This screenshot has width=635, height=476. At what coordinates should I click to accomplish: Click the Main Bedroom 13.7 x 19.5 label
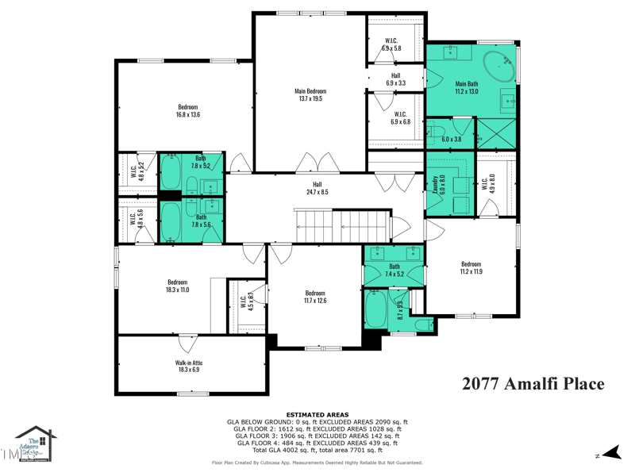pos(311,95)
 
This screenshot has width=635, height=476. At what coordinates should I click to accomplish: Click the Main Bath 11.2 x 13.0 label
pos(467,87)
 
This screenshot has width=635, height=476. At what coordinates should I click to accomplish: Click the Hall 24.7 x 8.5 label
pos(317,188)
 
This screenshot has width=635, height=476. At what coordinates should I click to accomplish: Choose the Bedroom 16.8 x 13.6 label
pos(188,111)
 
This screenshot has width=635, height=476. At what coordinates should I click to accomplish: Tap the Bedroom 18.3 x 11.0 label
pos(177,286)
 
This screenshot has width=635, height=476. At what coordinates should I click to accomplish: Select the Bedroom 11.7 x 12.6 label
pos(315,296)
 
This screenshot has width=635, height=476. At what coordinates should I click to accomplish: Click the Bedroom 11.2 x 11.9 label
pos(471,268)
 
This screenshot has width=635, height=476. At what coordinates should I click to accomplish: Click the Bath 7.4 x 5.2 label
pos(394,271)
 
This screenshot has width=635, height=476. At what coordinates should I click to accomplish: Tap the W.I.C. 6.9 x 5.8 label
pos(392,44)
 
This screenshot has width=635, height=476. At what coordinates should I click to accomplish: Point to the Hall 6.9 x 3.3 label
pos(395,79)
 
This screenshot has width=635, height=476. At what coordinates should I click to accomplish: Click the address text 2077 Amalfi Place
pos(533,384)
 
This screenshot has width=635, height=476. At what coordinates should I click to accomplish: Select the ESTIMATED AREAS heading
pos(317,415)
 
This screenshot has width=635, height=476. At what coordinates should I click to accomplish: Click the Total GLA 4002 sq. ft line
pos(317,450)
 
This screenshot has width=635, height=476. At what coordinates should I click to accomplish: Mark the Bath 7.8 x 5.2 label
pos(201,162)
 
